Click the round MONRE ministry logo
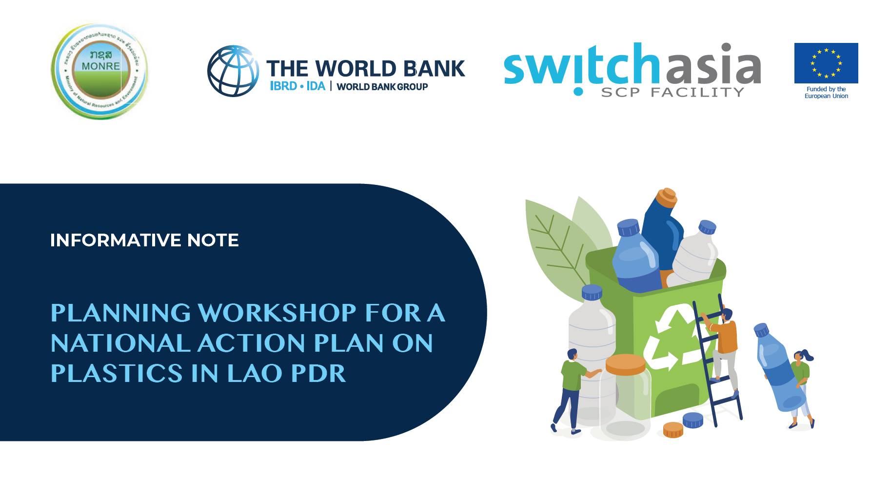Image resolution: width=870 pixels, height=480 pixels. point(99,71)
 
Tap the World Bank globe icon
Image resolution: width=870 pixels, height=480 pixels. point(233,71)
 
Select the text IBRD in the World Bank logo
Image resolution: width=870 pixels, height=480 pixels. point(283,86)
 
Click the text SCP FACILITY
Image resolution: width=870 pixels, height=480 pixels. point(672,92)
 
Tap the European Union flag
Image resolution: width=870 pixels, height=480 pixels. point(826,63)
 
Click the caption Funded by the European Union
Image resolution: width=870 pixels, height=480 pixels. point(826,93)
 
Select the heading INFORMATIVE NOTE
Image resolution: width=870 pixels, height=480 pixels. point(144,240)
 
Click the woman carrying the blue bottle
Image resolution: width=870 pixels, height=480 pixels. point(800,385)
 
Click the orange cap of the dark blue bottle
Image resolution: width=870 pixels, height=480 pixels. point(666,196)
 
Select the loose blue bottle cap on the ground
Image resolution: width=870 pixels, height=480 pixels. point(692,420)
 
